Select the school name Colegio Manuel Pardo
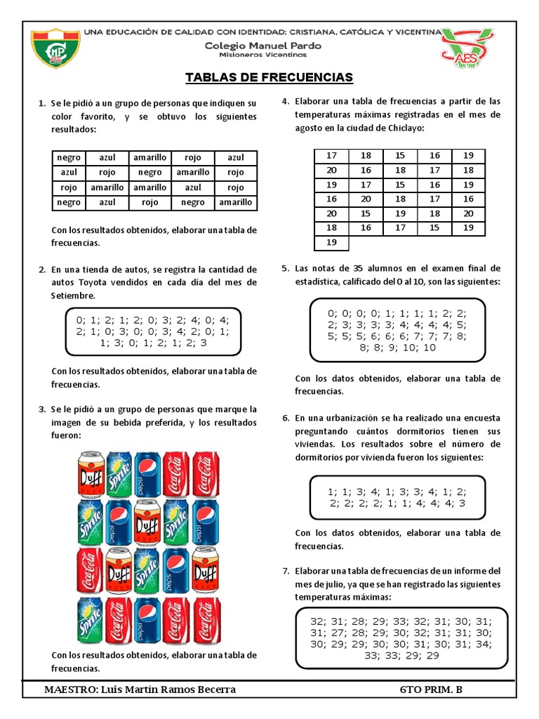click(x=264, y=45)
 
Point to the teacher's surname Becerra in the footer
click(x=212, y=690)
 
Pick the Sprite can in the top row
click(x=118, y=473)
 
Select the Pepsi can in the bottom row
click(x=147, y=619)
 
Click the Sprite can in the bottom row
click(x=89, y=619)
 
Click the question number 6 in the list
click(x=286, y=416)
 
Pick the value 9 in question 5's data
click(x=400, y=347)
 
